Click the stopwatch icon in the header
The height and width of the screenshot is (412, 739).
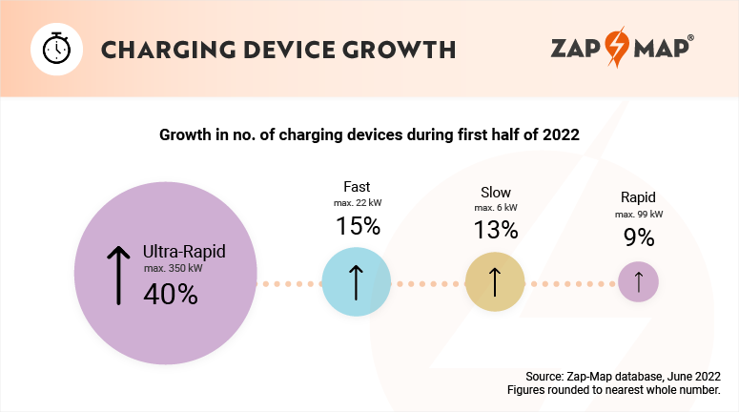pos(54,49)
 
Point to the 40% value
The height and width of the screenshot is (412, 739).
pos(170,295)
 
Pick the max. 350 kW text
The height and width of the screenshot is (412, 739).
pos(173,269)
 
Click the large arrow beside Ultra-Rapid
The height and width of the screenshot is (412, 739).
pos(118,274)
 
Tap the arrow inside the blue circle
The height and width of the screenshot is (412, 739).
pos(355,282)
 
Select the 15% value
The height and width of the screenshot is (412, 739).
pos(358,227)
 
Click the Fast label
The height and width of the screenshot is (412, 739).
pos(357,187)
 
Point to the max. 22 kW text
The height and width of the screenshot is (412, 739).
pos(358,203)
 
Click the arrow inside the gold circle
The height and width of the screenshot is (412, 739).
pos(495,282)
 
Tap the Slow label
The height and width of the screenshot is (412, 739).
pos(495,191)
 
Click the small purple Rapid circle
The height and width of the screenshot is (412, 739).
pos(638,282)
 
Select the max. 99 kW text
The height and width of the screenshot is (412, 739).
pos(638,214)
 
